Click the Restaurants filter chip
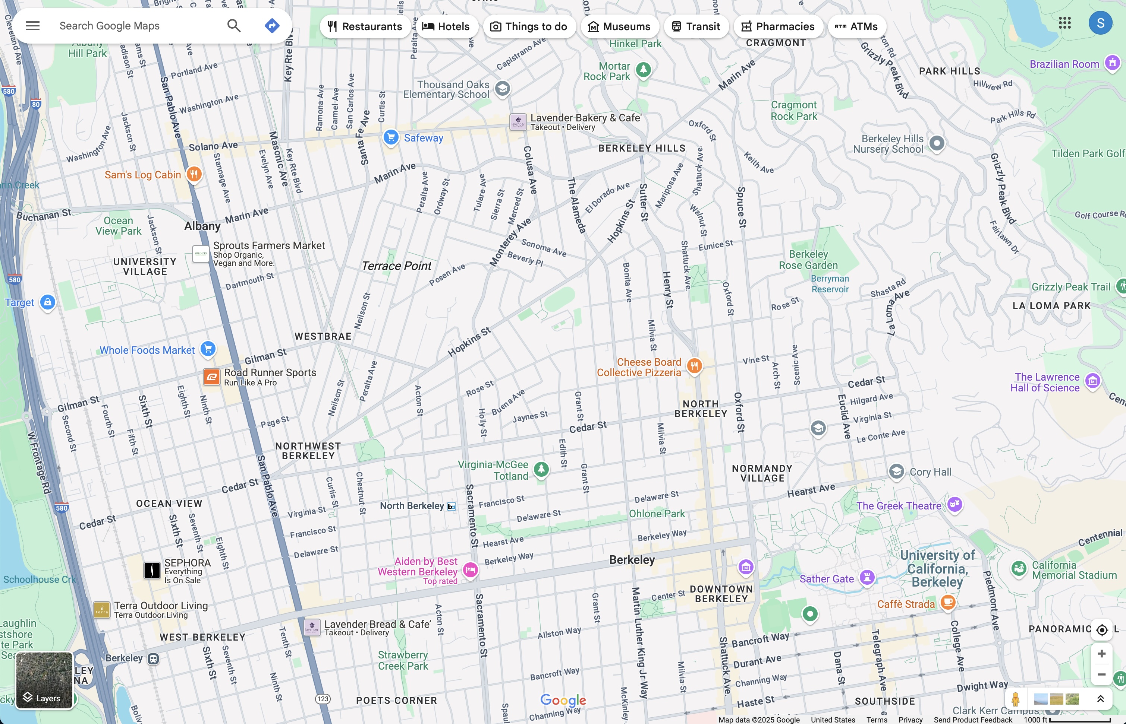[x=365, y=26]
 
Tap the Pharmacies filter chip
[x=777, y=26]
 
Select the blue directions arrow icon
[x=272, y=25]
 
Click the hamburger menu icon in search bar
[x=32, y=25]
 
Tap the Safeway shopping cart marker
[x=390, y=137]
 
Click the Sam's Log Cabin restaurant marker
[x=194, y=174]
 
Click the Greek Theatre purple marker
[x=954, y=504]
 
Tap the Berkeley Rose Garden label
[x=808, y=260]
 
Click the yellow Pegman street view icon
[x=1015, y=699]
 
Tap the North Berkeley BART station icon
[x=451, y=507]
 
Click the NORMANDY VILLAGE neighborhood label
[x=762, y=473]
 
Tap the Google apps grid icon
[x=1064, y=23]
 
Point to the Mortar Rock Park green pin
[x=643, y=70]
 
